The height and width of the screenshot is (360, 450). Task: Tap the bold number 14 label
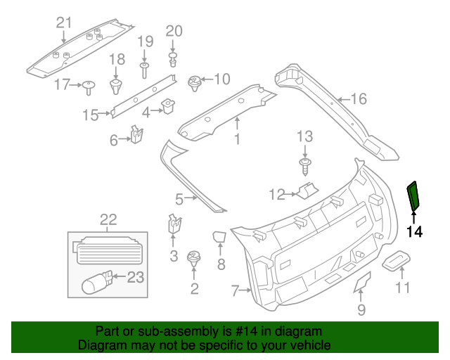point(415,231)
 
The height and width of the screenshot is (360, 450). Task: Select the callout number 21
point(64,22)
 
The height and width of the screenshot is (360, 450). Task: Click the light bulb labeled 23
point(95,283)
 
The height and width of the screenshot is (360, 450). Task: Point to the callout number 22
point(108,219)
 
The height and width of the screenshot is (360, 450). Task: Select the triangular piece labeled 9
point(361,282)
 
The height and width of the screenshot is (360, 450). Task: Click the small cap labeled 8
point(219,238)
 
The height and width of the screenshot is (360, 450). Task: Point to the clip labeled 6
point(138,134)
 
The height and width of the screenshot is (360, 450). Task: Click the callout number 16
point(359,99)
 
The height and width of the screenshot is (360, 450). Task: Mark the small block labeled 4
point(169,107)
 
